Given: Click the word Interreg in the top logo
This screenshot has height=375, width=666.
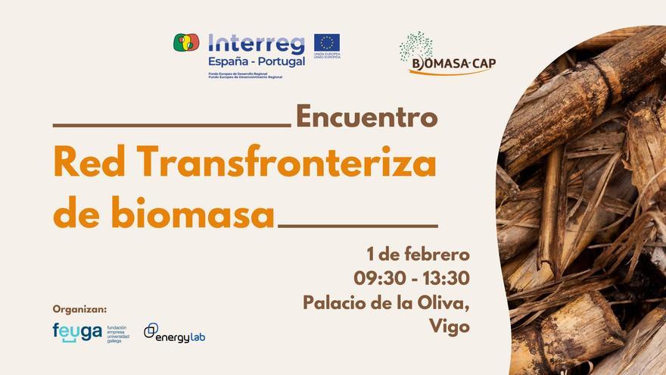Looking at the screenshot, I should (255, 44).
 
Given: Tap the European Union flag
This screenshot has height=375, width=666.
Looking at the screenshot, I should (327, 42).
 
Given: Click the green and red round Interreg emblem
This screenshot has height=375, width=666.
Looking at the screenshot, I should (186, 42).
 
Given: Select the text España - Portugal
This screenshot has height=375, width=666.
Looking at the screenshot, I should (256, 61).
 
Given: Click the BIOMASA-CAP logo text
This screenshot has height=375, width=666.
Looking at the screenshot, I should (453, 64).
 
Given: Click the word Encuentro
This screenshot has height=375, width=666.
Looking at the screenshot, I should (366, 117).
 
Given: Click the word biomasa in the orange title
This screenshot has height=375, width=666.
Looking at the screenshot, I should (192, 216).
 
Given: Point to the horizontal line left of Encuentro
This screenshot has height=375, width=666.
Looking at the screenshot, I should (172, 126).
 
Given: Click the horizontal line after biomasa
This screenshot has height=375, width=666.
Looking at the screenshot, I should (358, 225).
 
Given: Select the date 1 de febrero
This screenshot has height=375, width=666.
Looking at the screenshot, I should (418, 253).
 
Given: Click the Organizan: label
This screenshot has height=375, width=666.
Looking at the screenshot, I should (79, 309).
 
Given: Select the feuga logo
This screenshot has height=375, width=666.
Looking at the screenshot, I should (77, 333).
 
